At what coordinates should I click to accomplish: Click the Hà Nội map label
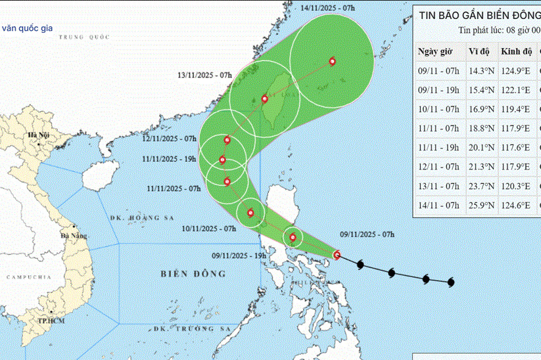[36, 135]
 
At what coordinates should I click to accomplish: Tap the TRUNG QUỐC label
[82, 37]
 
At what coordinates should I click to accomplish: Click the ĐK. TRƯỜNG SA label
[191, 328]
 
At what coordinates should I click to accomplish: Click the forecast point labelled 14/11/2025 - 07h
[332, 61]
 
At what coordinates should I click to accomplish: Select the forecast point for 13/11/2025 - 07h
[264, 99]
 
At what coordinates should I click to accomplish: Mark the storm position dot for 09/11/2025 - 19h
[293, 238]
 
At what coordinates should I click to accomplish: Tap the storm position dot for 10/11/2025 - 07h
[250, 212]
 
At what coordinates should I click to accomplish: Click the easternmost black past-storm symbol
[451, 282]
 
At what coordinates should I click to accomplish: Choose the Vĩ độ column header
[478, 52]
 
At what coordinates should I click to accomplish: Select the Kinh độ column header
[513, 52]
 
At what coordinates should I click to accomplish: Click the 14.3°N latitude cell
[480, 72]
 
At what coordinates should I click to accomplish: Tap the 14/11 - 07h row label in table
[438, 205]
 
